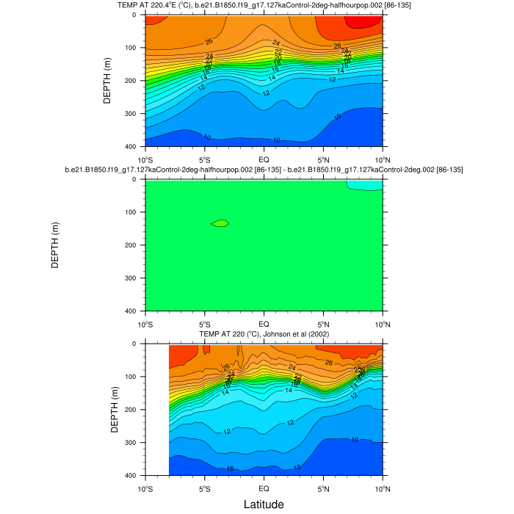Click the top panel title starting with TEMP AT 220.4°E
[264, 6]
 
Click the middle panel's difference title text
[264, 170]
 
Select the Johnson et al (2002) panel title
[264, 335]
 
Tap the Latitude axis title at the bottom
[264, 504]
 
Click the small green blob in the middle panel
[220, 223]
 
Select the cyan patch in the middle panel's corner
[365, 185]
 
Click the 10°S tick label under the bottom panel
[145, 488]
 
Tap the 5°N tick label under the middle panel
[323, 324]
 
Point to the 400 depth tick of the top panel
[132, 147]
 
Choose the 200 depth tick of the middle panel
[132, 245]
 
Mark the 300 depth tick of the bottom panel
[132, 443]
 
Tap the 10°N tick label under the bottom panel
[383, 488]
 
